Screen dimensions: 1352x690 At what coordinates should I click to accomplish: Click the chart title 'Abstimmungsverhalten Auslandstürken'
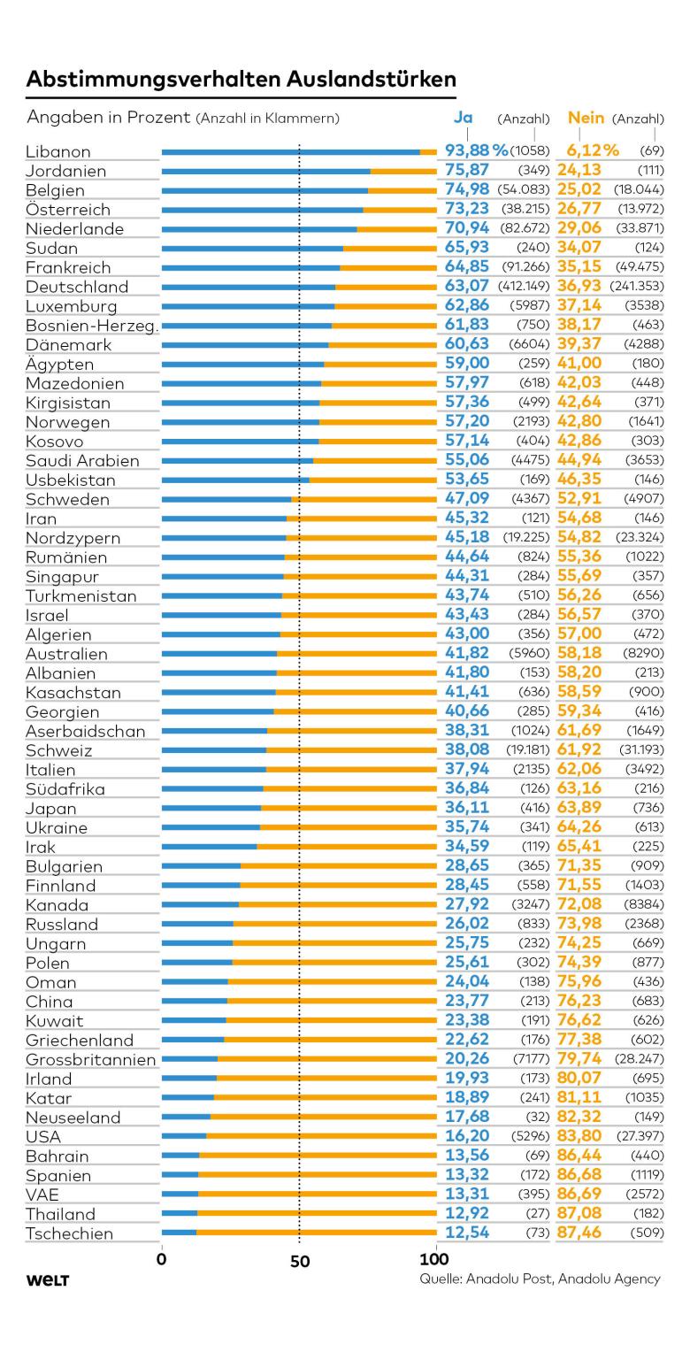point(241,80)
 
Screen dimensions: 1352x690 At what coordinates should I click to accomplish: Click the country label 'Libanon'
point(58,152)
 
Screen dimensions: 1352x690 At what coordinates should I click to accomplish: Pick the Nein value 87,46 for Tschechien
point(579,1233)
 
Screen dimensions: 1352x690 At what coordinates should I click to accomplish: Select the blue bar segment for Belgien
point(264,190)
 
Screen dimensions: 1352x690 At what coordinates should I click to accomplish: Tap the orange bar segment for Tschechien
point(316,1233)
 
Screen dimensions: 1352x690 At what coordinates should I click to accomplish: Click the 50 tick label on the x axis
point(300,1261)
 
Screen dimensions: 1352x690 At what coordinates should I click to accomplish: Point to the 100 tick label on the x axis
point(435,1259)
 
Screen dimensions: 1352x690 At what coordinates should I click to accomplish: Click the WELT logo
point(48,1280)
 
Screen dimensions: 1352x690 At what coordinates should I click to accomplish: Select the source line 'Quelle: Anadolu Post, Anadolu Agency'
point(540,1279)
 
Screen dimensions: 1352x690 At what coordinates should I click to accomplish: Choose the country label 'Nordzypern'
point(73,538)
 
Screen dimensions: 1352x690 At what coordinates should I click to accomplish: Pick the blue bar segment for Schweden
point(226,499)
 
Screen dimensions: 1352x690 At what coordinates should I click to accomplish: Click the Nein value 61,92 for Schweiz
point(579,750)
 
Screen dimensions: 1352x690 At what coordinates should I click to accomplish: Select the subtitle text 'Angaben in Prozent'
point(109,118)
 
